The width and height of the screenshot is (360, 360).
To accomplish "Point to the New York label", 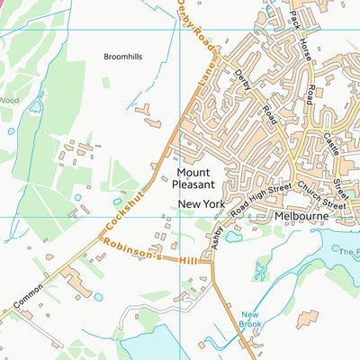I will (x=199, y=205).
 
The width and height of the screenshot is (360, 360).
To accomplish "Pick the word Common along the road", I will (x=26, y=294).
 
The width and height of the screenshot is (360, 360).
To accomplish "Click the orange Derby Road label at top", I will (x=197, y=26).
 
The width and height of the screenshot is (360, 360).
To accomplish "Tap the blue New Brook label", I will (x=249, y=319).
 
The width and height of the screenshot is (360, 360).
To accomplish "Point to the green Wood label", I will (x=9, y=100).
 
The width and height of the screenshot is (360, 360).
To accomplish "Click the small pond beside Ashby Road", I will (x=232, y=238).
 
